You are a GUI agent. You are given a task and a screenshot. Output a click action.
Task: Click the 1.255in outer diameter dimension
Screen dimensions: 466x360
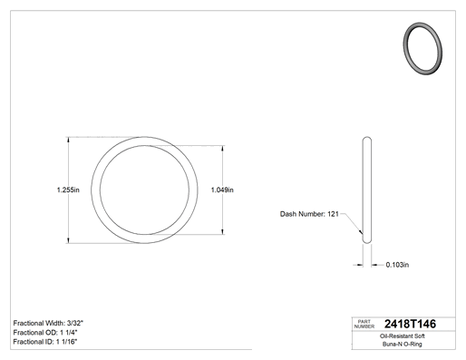click(x=68, y=190)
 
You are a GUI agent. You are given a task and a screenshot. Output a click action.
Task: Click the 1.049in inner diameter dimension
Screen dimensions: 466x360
click(x=222, y=190)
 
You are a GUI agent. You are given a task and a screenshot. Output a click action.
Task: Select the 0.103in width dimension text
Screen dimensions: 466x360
click(x=397, y=265)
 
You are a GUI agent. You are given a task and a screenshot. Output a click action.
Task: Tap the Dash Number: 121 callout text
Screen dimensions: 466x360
click(x=309, y=214)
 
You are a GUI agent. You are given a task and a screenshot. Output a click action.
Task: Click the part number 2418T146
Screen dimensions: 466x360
click(x=410, y=324)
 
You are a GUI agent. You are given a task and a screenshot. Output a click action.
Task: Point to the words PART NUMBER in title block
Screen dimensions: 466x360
click(x=364, y=324)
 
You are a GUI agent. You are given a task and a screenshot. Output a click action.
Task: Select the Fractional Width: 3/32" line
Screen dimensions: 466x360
click(x=48, y=323)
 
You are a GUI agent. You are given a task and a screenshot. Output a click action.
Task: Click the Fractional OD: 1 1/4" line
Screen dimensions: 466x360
click(x=45, y=333)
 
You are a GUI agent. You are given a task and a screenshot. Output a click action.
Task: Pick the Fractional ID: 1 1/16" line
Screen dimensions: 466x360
click(x=45, y=342)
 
